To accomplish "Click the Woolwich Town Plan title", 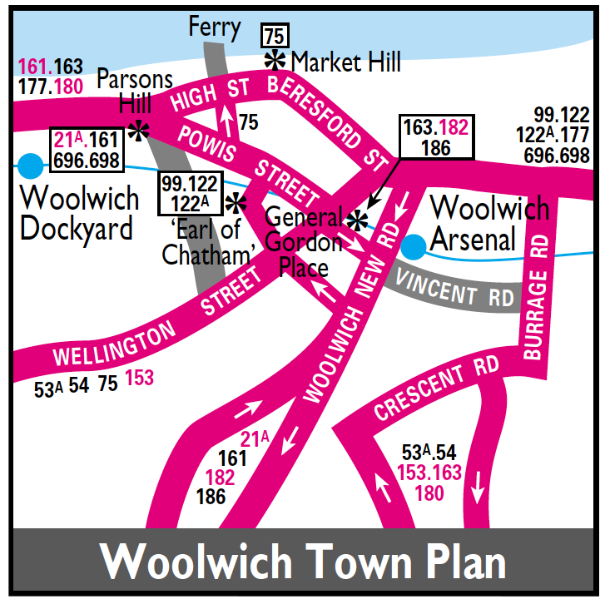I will (303, 562).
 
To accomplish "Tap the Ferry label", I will (215, 27).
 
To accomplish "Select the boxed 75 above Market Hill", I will (275, 36).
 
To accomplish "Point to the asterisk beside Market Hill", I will (275, 60).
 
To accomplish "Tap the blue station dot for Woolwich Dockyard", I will (30, 166).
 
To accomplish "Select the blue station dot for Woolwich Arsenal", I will (412, 245).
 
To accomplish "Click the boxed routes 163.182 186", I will (435, 137).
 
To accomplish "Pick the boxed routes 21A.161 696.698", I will (87, 150).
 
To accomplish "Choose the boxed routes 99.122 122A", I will (190, 193).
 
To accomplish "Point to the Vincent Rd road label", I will (455, 290).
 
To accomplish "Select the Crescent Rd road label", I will (435, 388).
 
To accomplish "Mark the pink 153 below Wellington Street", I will (139, 378).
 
